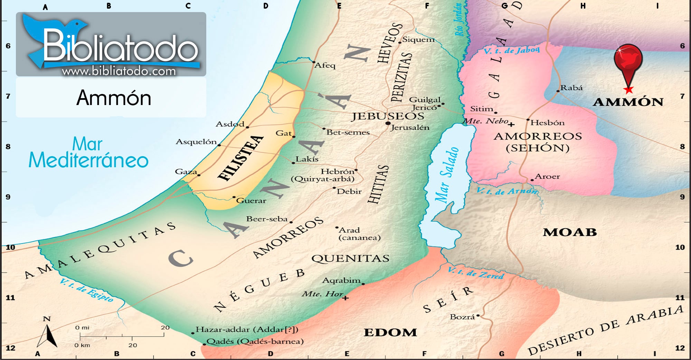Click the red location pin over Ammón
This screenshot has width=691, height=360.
(x=628, y=60)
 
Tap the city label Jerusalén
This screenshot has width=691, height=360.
(x=410, y=127)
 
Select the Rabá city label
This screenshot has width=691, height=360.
(x=571, y=88)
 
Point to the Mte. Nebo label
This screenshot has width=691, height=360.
(x=485, y=121)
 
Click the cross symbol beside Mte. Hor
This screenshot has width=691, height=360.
(x=345, y=298)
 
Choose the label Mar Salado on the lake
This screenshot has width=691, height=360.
(x=446, y=174)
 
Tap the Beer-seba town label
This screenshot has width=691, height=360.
(x=267, y=219)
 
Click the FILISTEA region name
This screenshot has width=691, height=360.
(x=240, y=158)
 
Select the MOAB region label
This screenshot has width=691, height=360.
(x=570, y=232)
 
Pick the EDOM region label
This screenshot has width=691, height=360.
(x=390, y=332)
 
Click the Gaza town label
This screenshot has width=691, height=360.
(x=186, y=171)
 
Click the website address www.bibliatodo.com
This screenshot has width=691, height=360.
(x=119, y=71)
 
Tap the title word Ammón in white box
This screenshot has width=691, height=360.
(x=114, y=98)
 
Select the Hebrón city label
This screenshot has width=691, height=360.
(x=337, y=171)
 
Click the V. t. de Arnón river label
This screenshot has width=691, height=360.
(x=507, y=191)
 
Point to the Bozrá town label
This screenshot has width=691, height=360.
(x=462, y=317)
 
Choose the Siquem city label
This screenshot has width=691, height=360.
(x=418, y=39)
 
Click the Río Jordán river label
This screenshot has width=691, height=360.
(x=458, y=20)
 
